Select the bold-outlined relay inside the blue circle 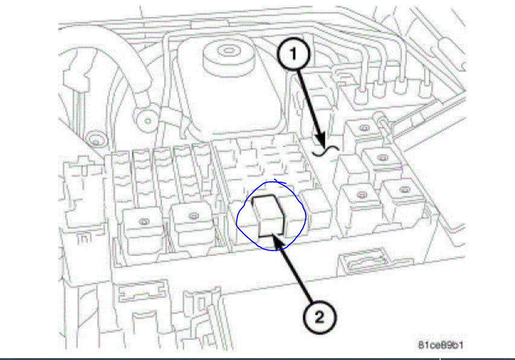click(269, 216)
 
